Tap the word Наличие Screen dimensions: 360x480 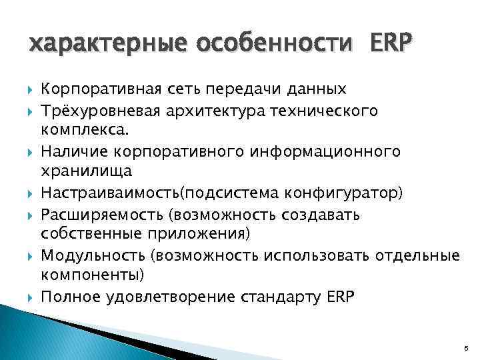71,153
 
